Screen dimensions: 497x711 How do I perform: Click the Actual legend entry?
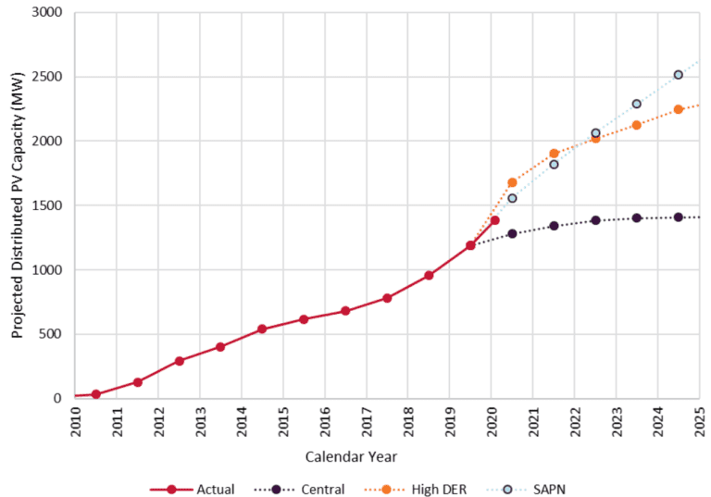[x=203, y=489]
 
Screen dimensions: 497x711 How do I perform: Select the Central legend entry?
[x=311, y=489]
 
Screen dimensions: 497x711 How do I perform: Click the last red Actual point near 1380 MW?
[x=494, y=220]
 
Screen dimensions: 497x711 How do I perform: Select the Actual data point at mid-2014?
[x=262, y=329]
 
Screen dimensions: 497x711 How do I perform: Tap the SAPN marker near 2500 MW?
[x=678, y=74]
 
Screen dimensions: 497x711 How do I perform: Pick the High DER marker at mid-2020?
[x=512, y=182]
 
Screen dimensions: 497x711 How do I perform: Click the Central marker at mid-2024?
[x=678, y=217]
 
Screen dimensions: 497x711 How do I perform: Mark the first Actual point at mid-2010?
[x=95, y=394]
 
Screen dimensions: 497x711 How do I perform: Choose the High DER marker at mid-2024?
[x=678, y=109]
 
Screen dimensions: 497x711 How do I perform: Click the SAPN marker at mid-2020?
[x=512, y=198]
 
